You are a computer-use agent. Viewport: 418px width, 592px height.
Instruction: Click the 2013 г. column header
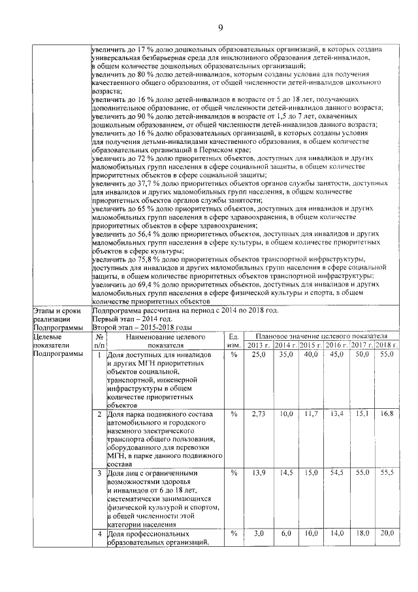(x=259, y=345)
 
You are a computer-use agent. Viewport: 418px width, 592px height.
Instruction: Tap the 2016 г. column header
(x=336, y=345)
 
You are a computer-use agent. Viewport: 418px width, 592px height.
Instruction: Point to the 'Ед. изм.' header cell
(x=233, y=340)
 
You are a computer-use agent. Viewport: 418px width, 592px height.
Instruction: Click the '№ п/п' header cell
(x=99, y=340)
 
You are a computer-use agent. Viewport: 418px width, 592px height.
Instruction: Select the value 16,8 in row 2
(x=386, y=414)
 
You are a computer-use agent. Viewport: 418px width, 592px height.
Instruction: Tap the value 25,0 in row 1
(x=259, y=354)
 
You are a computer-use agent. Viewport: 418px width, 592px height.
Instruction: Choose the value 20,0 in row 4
(x=386, y=534)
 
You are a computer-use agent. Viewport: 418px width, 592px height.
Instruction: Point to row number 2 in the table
(x=99, y=414)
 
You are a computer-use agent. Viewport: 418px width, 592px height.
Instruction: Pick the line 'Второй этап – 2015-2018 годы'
(x=142, y=327)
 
